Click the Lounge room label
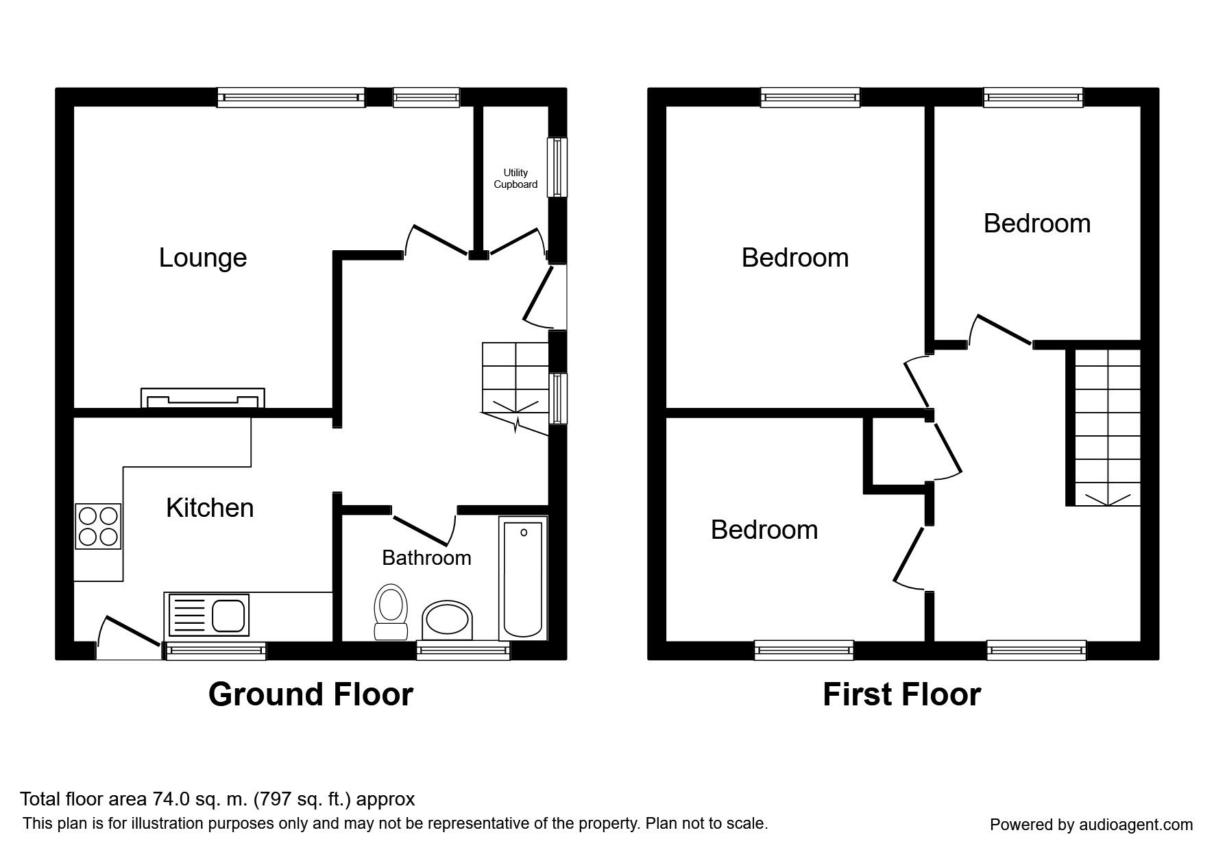[203, 258]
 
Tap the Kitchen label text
[210, 508]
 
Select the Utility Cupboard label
[515, 179]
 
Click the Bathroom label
[426, 558]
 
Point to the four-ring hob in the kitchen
[99, 526]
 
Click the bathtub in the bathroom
[523, 578]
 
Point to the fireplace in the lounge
[203, 398]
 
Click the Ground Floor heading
[311, 694]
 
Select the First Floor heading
[901, 694]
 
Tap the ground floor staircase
[515, 384]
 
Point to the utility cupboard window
[557, 167]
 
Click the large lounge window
[291, 97]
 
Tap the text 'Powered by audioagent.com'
[1091, 825]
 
